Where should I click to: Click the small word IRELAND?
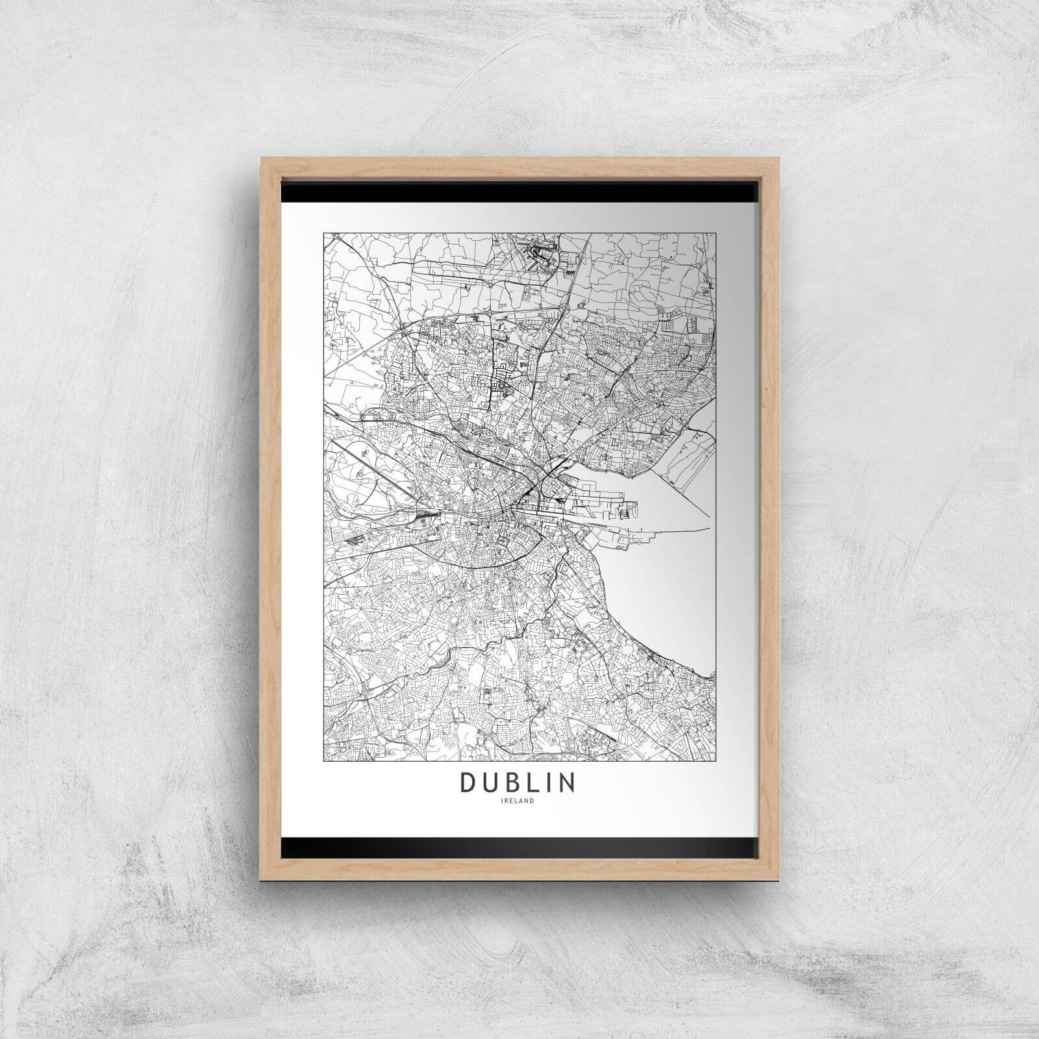[x=518, y=801]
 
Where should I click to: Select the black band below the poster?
[x=519, y=845]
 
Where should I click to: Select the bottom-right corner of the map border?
[x=714, y=760]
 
